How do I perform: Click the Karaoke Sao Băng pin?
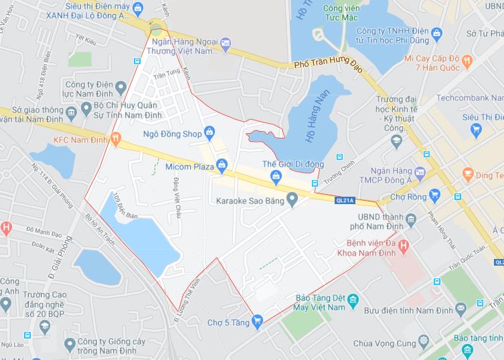(x=291, y=199)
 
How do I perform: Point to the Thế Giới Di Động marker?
(x=275, y=176)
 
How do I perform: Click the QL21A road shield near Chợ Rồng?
(x=343, y=199)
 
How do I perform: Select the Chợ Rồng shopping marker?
(x=435, y=195)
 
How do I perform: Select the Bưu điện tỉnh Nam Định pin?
(x=460, y=309)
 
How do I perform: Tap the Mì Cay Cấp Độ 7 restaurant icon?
(x=467, y=59)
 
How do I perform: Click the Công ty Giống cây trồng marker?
(x=70, y=343)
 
